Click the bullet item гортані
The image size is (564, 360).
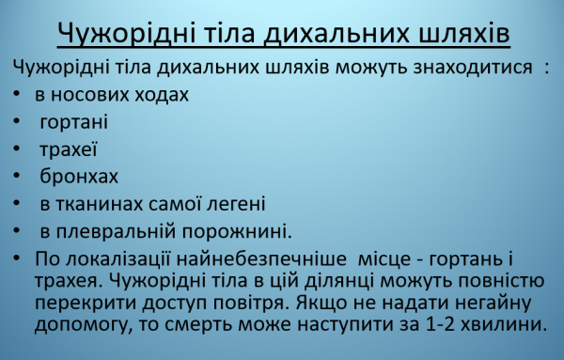(x=73, y=122)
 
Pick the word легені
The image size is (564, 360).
(x=234, y=203)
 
